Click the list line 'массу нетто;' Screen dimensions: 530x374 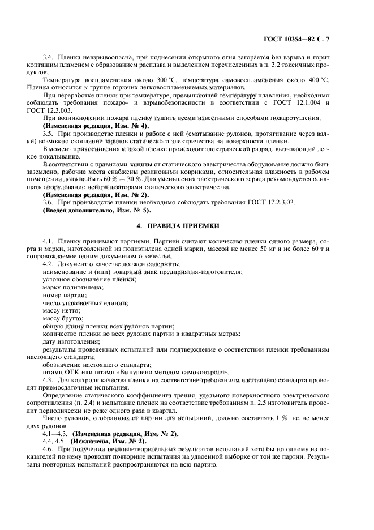[62, 310]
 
